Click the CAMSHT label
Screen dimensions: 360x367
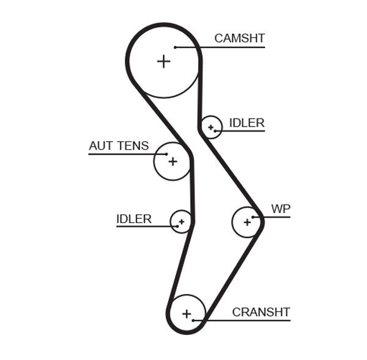point(239,38)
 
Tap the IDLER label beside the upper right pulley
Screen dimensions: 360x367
point(247,123)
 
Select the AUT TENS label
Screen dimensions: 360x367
point(119,145)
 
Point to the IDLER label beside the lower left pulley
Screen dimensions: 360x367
point(133,219)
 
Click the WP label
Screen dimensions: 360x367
point(281,209)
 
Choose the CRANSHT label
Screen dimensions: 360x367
point(261,312)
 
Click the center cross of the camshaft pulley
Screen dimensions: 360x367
point(163,61)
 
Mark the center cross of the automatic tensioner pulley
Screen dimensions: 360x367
point(172,161)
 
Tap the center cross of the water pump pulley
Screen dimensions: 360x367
point(247,222)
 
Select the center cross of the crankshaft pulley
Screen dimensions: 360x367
point(187,314)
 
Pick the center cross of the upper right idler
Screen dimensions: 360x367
point(211,127)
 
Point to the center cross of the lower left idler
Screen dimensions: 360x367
point(181,221)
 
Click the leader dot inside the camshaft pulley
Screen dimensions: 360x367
point(175,47)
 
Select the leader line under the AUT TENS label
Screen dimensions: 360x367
point(122,153)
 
